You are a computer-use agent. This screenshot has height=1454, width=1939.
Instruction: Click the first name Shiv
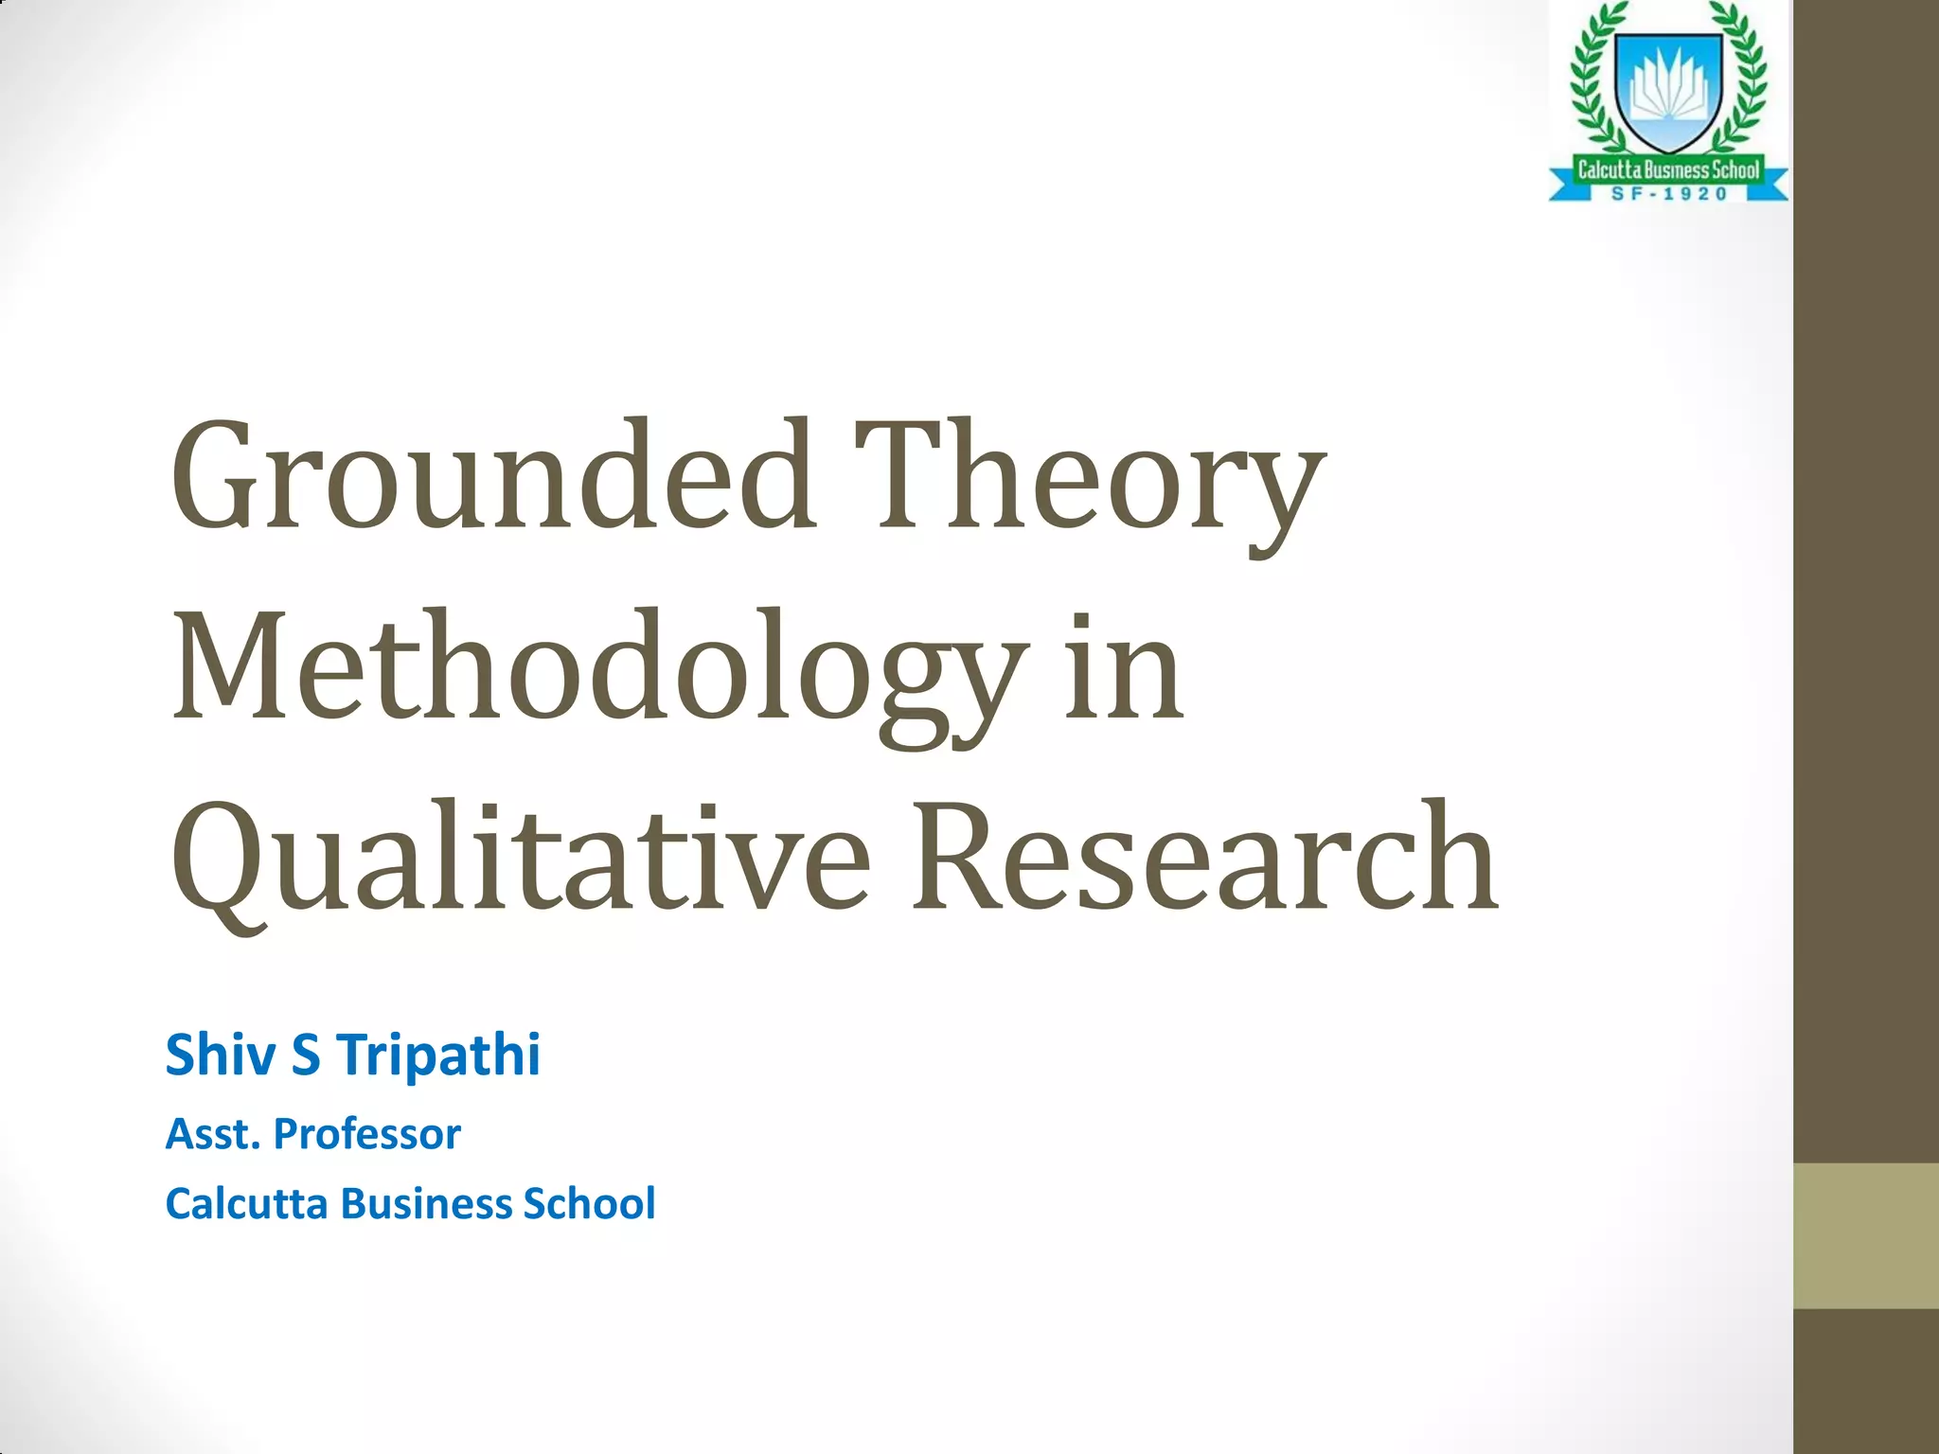[x=222, y=1055]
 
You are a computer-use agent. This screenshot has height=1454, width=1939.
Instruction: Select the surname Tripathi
[x=438, y=1055]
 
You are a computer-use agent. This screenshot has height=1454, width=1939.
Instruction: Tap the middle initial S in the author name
[x=306, y=1055]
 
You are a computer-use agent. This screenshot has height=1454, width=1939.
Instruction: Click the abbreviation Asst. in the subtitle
[x=213, y=1134]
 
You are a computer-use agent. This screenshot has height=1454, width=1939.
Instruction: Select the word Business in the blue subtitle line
[x=425, y=1204]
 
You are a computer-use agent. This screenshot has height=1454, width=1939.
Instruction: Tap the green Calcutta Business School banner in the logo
[x=1668, y=170]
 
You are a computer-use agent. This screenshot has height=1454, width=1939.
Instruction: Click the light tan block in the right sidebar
[x=1866, y=1235]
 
